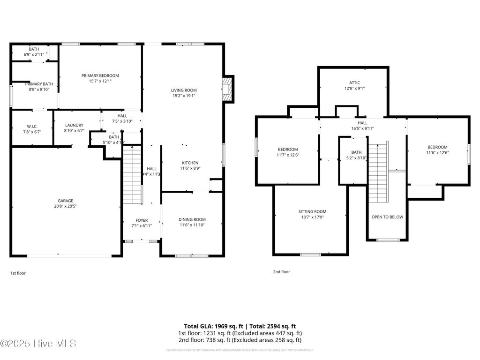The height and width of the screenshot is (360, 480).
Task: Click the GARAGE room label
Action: tap(66, 201)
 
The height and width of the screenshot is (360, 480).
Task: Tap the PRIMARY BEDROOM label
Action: tap(100, 75)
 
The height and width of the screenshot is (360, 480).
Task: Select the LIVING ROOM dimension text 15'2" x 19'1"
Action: tap(183, 96)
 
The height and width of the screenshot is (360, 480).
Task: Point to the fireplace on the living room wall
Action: tap(227, 88)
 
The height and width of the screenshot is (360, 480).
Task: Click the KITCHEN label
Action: tap(190, 163)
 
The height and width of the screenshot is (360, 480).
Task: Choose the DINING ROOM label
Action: tap(192, 219)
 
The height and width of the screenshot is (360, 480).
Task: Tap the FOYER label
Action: tap(142, 220)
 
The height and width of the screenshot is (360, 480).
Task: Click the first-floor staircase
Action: tap(132, 174)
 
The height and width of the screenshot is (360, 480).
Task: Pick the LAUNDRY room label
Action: tap(74, 125)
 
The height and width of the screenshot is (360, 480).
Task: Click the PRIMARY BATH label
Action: tap(39, 84)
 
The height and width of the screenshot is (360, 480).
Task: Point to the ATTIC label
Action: tap(354, 82)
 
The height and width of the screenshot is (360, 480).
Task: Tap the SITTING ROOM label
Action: tap(312, 211)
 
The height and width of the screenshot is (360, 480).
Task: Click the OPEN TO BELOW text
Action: tap(387, 217)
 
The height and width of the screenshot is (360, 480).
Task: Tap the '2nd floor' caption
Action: tap(281, 271)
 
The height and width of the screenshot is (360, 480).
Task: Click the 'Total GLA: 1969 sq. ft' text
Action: tap(213, 326)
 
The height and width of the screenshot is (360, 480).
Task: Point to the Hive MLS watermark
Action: tap(38, 344)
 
